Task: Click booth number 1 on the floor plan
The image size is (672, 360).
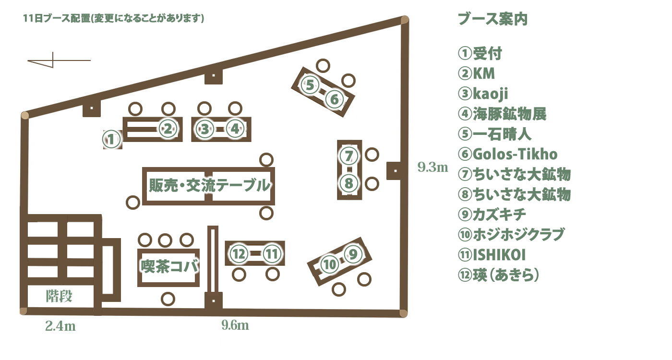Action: pos(111,139)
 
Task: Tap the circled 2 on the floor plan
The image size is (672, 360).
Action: pos(168,129)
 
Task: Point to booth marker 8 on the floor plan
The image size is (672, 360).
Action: pos(348,183)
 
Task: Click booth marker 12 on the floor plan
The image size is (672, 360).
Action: pos(239,254)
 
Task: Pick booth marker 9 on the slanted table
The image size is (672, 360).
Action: pos(353,254)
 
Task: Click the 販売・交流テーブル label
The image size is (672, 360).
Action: pos(209,185)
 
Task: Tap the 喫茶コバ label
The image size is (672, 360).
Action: pos(170,266)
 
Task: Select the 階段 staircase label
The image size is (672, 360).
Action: pos(59,296)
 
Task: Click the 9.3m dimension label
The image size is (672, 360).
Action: pos(432,167)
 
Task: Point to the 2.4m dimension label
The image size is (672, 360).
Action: pos(60,326)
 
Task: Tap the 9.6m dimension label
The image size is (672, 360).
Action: pos(235,325)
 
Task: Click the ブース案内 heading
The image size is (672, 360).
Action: pos(492,19)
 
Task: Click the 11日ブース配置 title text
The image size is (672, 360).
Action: pos(57,19)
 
